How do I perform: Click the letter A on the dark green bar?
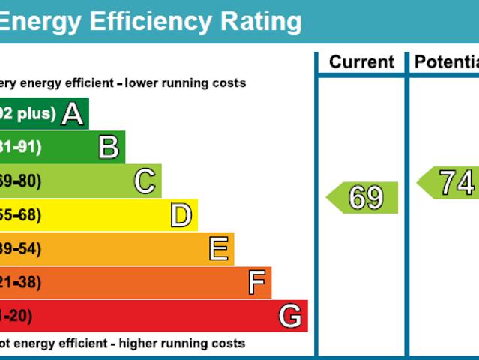pos(72,114)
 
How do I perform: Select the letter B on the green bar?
pos(109,148)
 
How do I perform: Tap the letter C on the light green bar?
pos(145,181)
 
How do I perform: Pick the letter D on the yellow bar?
pos(181,215)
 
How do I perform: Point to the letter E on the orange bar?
pos(218,248)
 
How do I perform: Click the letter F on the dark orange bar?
pos(256,283)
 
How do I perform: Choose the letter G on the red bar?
pos(290,316)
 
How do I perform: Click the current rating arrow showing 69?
pos(363,198)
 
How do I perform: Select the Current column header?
pos(361,62)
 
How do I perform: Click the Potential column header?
pos(447,62)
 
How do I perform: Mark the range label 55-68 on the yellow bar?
pos(20,215)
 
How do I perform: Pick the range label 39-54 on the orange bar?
pos(20,249)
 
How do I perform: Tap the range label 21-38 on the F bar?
pos(20,283)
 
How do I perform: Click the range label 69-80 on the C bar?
pos(20,181)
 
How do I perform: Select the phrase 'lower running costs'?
pos(185,83)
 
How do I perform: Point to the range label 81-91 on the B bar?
pos(20,148)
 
